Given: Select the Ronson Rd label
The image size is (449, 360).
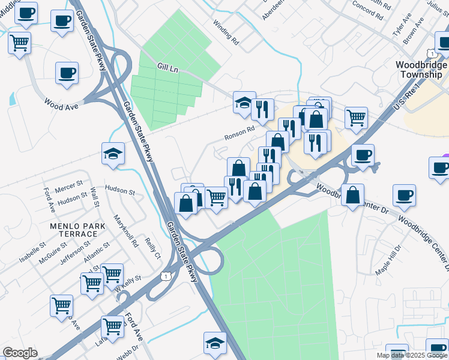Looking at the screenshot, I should point(240,132).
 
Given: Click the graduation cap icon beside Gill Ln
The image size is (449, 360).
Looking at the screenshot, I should point(244,103).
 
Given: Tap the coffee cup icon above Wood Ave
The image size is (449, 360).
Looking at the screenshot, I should point(67,74).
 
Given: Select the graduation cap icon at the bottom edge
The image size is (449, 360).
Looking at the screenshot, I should point(215,343).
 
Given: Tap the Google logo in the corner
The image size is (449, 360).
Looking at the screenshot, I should point(20,353).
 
